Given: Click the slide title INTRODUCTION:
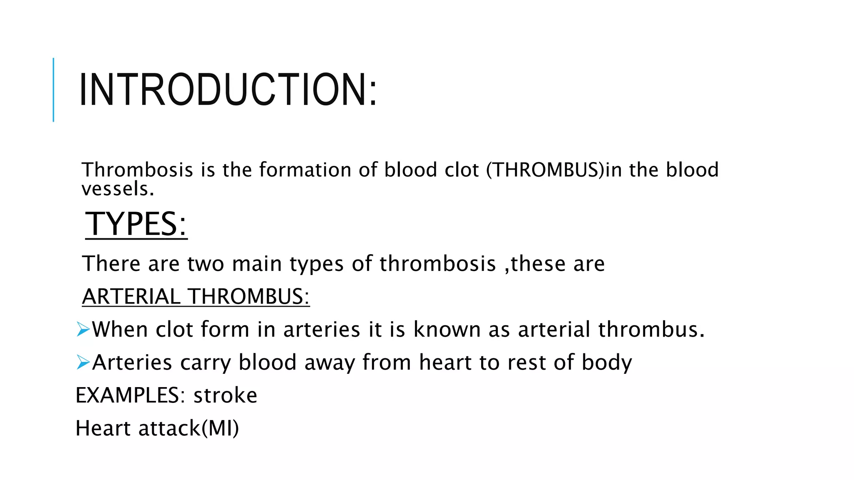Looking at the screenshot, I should point(228,90).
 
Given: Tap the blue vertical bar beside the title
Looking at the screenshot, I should point(53,90).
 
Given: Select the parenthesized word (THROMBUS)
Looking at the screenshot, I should point(545,170).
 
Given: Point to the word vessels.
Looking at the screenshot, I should point(118,189).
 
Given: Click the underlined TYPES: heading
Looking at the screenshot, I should point(136,224).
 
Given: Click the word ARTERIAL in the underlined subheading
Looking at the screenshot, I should point(131,297).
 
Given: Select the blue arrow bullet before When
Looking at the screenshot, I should point(83,330).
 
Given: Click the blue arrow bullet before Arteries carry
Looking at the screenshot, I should point(83,362).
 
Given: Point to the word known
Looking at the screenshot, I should point(447,330).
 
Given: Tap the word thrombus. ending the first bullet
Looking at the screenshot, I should point(651,330).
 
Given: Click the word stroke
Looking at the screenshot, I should point(225,395).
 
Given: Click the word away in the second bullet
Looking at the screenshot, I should point(329,363).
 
